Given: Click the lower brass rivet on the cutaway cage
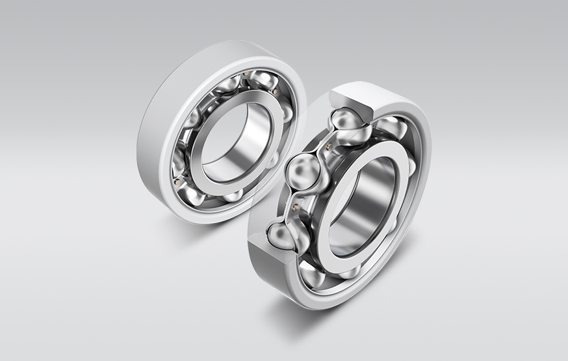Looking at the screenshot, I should [296, 207].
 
